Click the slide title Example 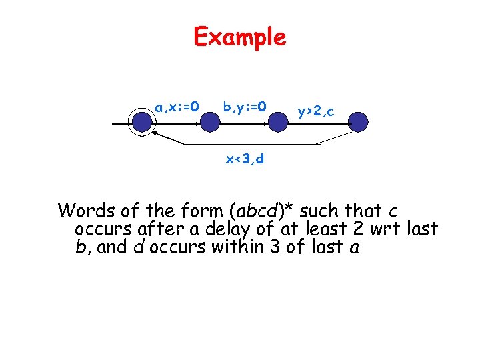(239, 37)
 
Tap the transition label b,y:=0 (245, 106)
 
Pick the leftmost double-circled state (142, 122)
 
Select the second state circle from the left (210, 122)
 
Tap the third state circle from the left (278, 122)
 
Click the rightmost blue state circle (358, 122)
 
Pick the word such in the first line (321, 211)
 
